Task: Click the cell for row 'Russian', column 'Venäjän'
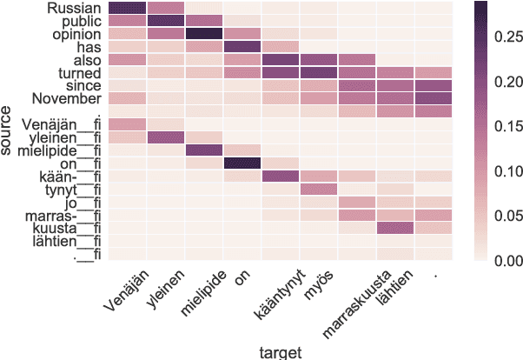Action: click(128, 8)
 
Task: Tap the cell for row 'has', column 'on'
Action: click(242, 46)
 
